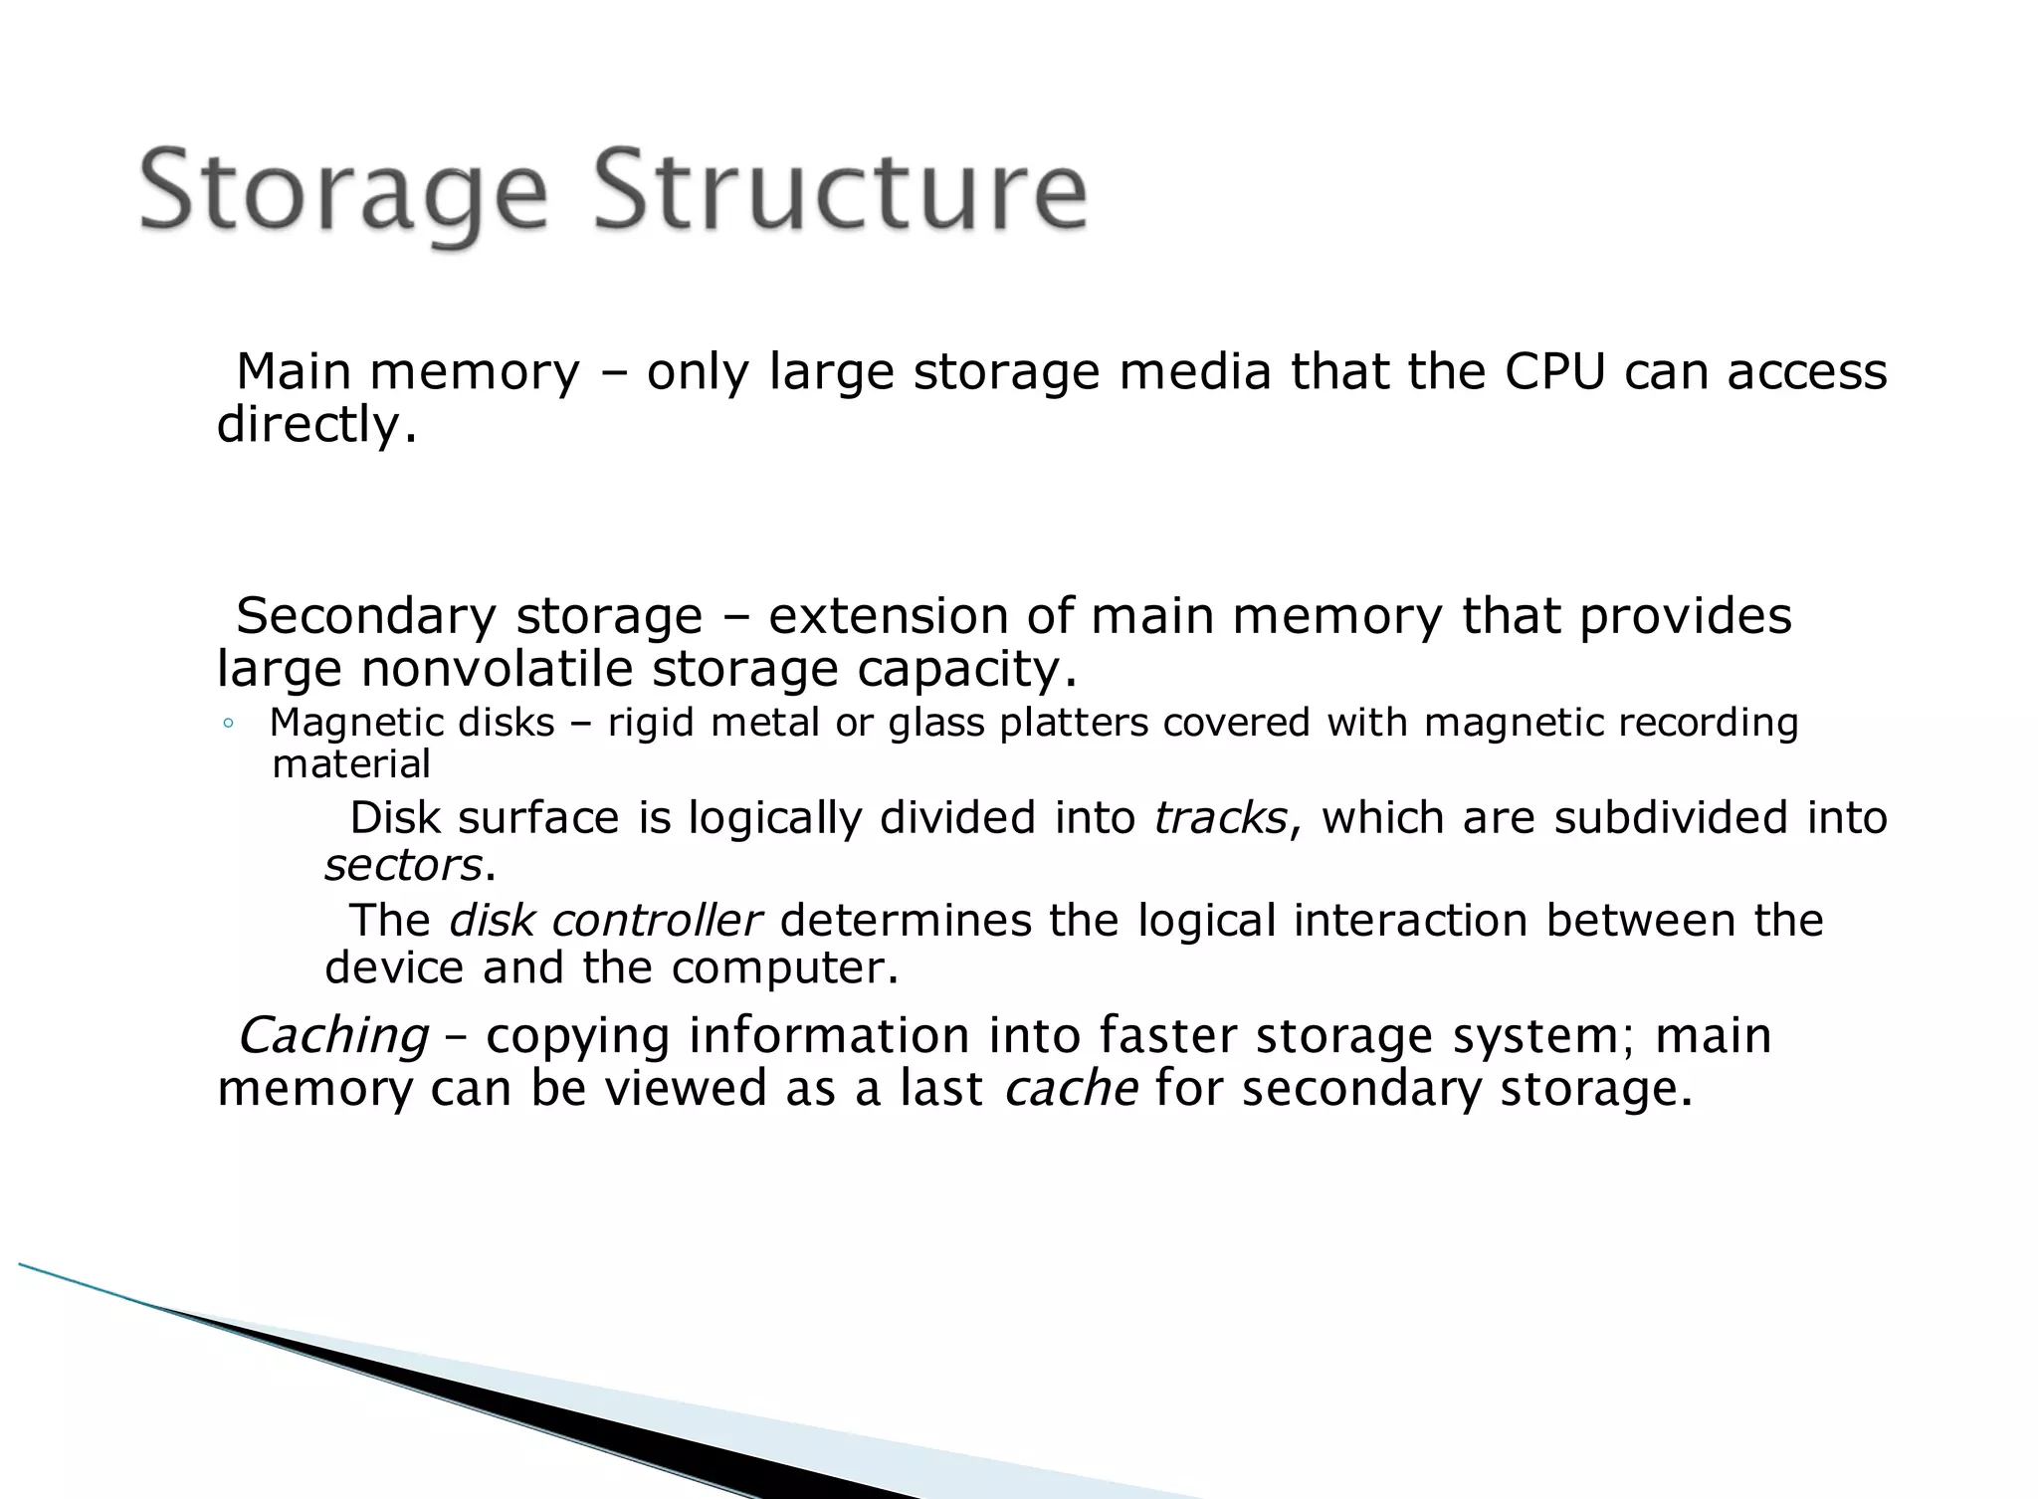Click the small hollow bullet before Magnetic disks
228,725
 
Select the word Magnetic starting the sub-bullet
341,723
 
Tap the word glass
937,724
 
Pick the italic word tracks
1220,818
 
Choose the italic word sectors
403,865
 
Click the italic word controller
657,921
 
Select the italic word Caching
333,1036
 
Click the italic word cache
1071,1088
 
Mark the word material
351,764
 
